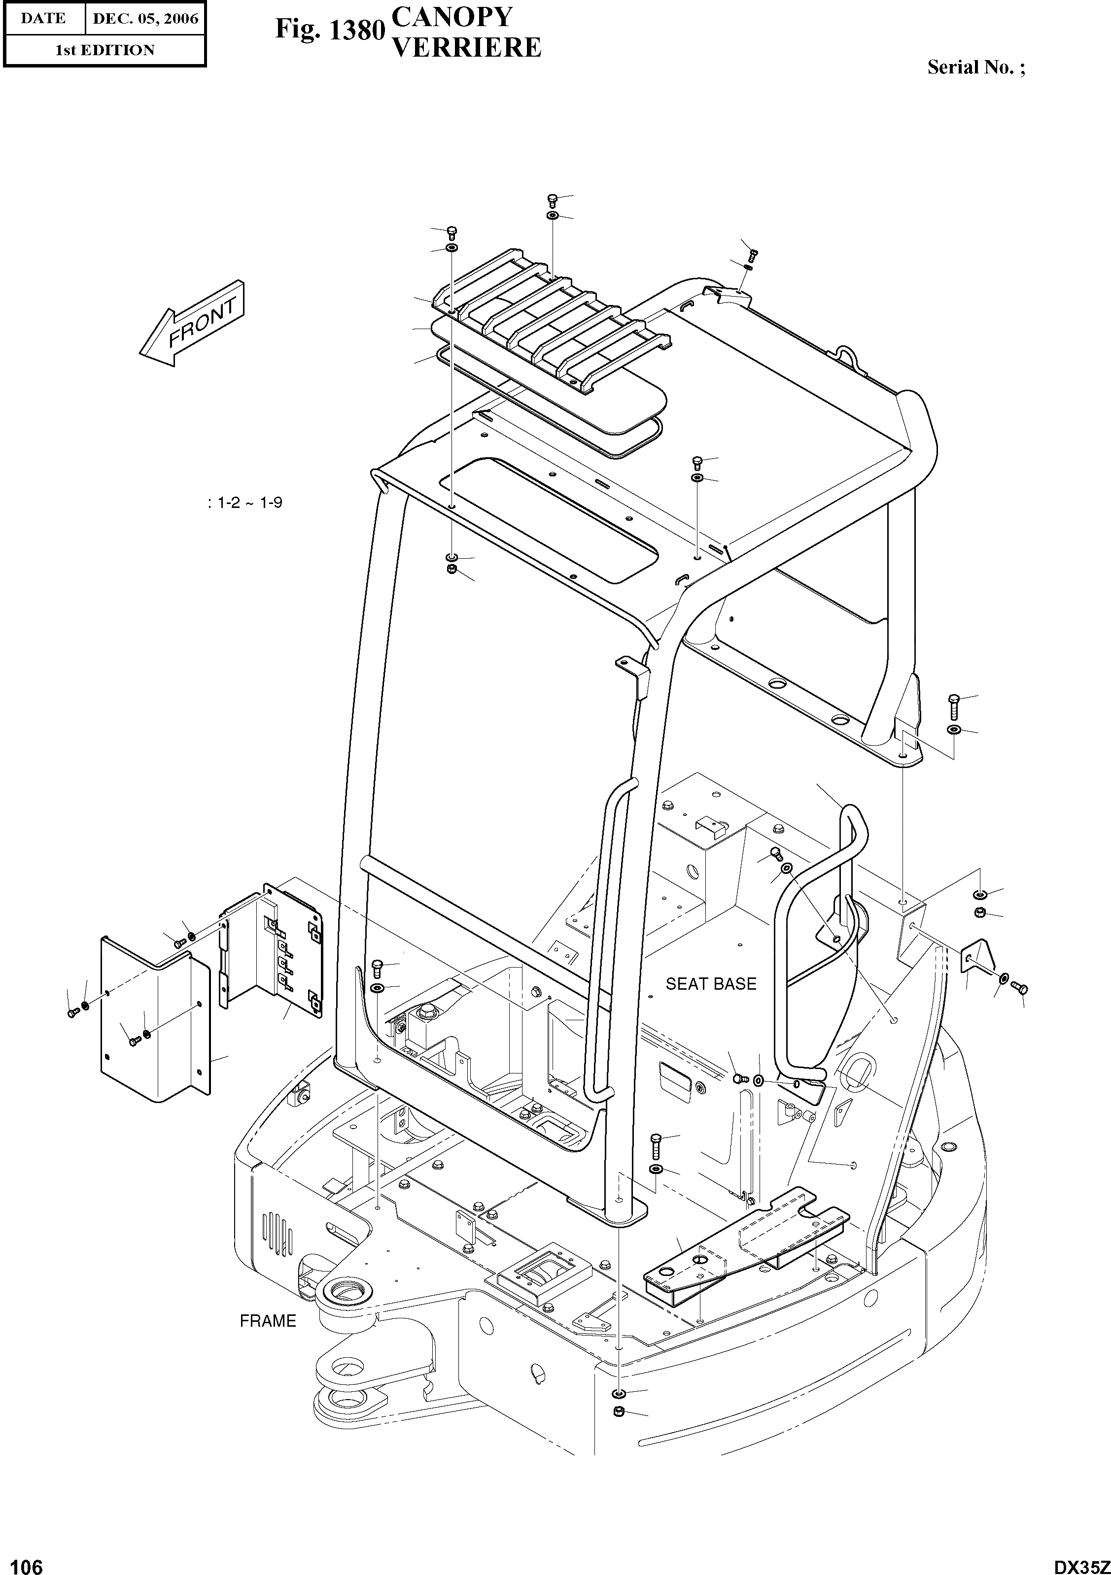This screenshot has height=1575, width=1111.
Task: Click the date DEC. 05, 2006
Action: pos(145,19)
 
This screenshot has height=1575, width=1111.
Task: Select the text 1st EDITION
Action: pos(104,50)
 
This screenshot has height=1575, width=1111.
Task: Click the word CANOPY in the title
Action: pos(451,16)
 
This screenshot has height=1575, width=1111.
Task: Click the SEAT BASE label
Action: pos(710,984)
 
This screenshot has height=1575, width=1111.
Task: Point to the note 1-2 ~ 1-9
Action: pos(245,503)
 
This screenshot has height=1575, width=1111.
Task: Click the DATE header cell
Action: pos(43,19)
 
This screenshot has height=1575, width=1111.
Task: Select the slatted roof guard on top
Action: pos(549,322)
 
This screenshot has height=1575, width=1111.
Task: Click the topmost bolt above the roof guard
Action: pos(551,200)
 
